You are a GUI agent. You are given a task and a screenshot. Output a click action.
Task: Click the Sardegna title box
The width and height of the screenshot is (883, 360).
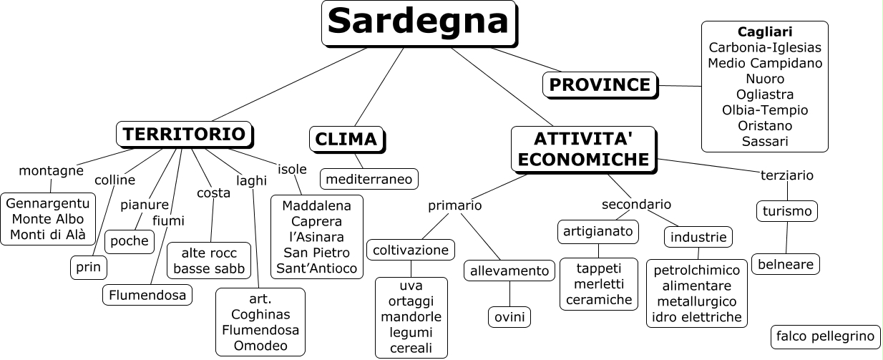[419, 24]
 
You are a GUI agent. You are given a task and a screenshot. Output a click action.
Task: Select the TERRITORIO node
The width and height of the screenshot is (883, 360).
[185, 135]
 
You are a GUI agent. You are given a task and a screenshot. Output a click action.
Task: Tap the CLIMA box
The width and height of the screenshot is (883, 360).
[347, 139]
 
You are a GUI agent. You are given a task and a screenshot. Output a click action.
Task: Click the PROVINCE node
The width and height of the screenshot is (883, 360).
[599, 85]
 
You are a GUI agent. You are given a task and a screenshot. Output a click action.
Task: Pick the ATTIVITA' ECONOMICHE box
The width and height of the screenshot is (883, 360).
[583, 149]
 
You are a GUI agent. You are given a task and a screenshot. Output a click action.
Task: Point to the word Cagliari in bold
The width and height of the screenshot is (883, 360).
[764, 32]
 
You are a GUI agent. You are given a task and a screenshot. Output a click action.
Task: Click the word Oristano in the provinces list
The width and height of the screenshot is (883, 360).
[764, 126]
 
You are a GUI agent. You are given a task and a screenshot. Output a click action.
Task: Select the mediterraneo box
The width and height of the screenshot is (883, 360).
[369, 179]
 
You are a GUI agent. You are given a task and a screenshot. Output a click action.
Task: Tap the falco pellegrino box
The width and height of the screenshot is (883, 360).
[825, 336]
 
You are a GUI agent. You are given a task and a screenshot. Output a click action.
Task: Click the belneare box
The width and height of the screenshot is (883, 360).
[785, 264]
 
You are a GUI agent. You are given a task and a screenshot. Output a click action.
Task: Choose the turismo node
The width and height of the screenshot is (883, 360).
[786, 211]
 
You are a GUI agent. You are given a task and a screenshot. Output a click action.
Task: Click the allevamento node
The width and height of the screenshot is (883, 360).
[509, 271]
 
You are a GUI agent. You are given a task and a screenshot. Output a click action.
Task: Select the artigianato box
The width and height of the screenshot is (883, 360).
[597, 232]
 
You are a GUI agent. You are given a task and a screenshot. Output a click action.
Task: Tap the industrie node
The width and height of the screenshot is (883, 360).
[698, 237]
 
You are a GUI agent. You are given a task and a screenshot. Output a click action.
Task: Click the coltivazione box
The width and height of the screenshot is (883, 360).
[411, 250]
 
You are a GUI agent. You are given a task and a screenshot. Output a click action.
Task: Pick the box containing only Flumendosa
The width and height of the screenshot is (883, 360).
[147, 295]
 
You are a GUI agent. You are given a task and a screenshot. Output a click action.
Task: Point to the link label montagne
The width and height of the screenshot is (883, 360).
[51, 170]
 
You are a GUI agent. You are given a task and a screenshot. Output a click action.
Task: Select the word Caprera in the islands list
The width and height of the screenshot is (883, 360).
[316, 221]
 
